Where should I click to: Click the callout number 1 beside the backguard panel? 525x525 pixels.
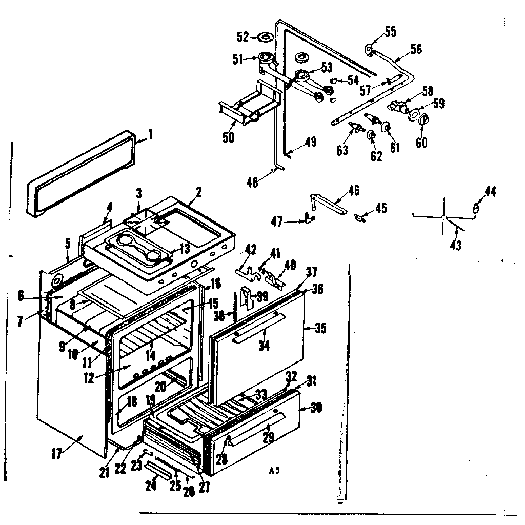click(150, 135)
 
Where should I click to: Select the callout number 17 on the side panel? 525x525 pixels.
click(56, 453)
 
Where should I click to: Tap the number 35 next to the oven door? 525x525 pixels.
click(320, 328)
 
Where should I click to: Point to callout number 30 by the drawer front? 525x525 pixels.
click(316, 409)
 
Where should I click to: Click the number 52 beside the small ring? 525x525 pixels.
click(243, 37)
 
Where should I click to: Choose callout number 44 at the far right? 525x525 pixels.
click(491, 192)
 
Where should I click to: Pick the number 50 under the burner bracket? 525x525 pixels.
click(228, 137)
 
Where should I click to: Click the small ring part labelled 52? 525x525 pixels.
click(265, 37)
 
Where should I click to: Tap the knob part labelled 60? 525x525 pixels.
click(423, 120)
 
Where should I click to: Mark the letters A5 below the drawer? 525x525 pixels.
click(275, 471)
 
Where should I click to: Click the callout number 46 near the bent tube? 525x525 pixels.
click(353, 191)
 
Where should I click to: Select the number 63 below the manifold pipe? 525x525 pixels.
click(342, 151)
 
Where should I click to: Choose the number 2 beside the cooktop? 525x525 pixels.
click(198, 193)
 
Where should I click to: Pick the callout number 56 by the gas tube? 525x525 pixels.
click(416, 49)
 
